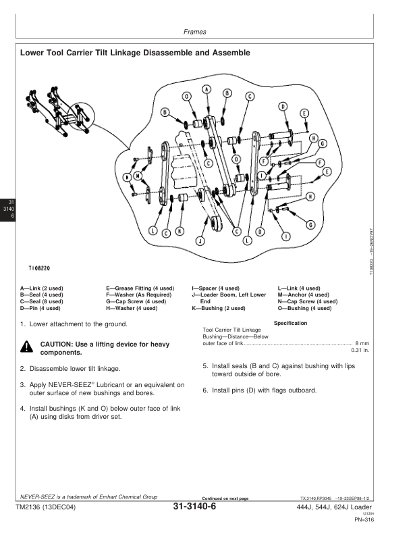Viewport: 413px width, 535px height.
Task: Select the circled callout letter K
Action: pyautogui.click(x=180, y=231)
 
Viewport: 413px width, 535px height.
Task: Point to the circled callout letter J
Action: pyautogui.click(x=200, y=240)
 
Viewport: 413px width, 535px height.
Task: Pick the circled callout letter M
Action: pyautogui.click(x=138, y=177)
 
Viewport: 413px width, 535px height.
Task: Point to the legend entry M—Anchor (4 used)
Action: pyautogui.click(x=303, y=295)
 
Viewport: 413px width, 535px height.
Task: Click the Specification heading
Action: pyautogui.click(x=291, y=323)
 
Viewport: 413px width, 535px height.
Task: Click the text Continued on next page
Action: pyautogui.click(x=221, y=499)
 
